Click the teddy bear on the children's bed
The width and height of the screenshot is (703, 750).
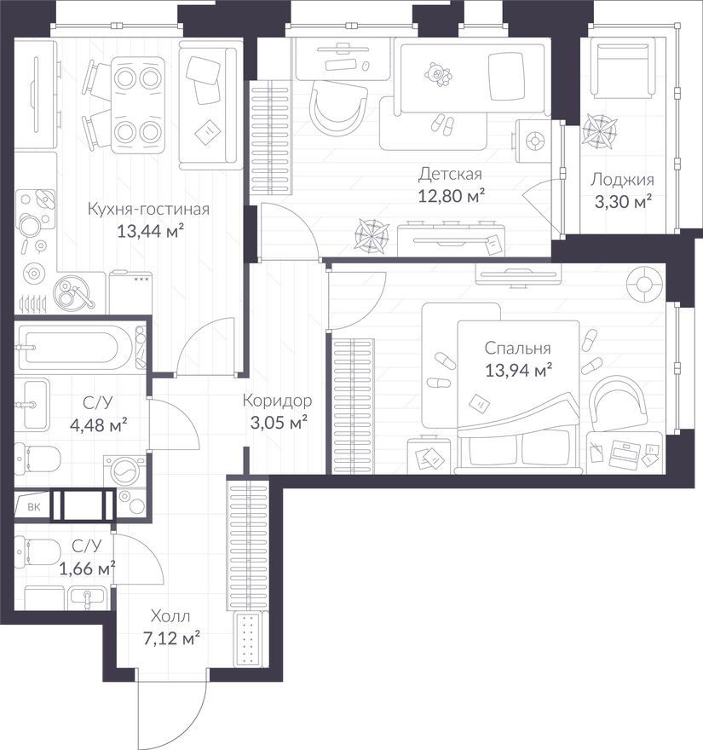click(438, 73)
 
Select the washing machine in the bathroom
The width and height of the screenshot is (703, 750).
click(125, 470)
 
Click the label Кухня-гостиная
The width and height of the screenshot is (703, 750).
click(149, 209)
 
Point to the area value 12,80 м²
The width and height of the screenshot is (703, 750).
click(452, 195)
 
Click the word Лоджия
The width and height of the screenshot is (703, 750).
click(622, 180)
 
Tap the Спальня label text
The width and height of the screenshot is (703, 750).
click(517, 349)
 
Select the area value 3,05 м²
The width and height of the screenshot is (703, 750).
click(279, 422)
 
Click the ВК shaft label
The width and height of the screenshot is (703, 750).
click(34, 506)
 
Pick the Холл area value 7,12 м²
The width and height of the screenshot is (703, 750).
click(171, 637)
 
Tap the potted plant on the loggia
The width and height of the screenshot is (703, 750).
click(599, 130)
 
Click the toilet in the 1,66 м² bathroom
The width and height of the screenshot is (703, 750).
click(37, 552)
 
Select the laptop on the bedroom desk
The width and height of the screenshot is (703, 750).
click(624, 453)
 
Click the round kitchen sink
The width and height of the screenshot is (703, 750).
click(74, 293)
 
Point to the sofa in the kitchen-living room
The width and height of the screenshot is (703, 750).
click(209, 105)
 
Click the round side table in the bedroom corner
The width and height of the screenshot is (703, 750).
click(645, 285)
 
